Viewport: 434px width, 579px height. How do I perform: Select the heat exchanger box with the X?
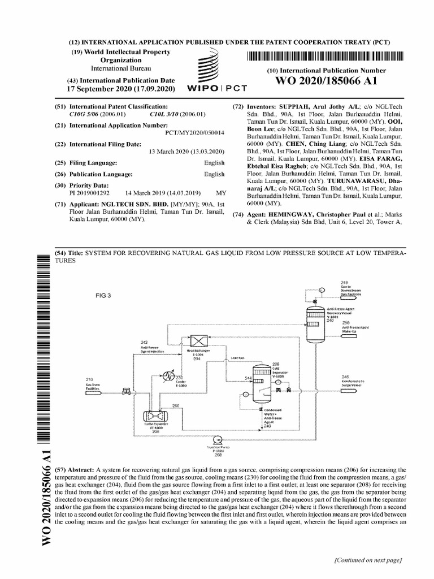(x=199, y=341)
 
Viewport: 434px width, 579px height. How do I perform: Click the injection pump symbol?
(x=217, y=439)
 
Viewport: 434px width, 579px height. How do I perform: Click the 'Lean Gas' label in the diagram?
(x=237, y=358)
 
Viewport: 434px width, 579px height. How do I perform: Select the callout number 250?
(x=176, y=405)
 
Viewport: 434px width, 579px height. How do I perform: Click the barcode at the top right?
(x=327, y=56)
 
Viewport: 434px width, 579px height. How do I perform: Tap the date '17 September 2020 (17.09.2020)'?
(x=121, y=89)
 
